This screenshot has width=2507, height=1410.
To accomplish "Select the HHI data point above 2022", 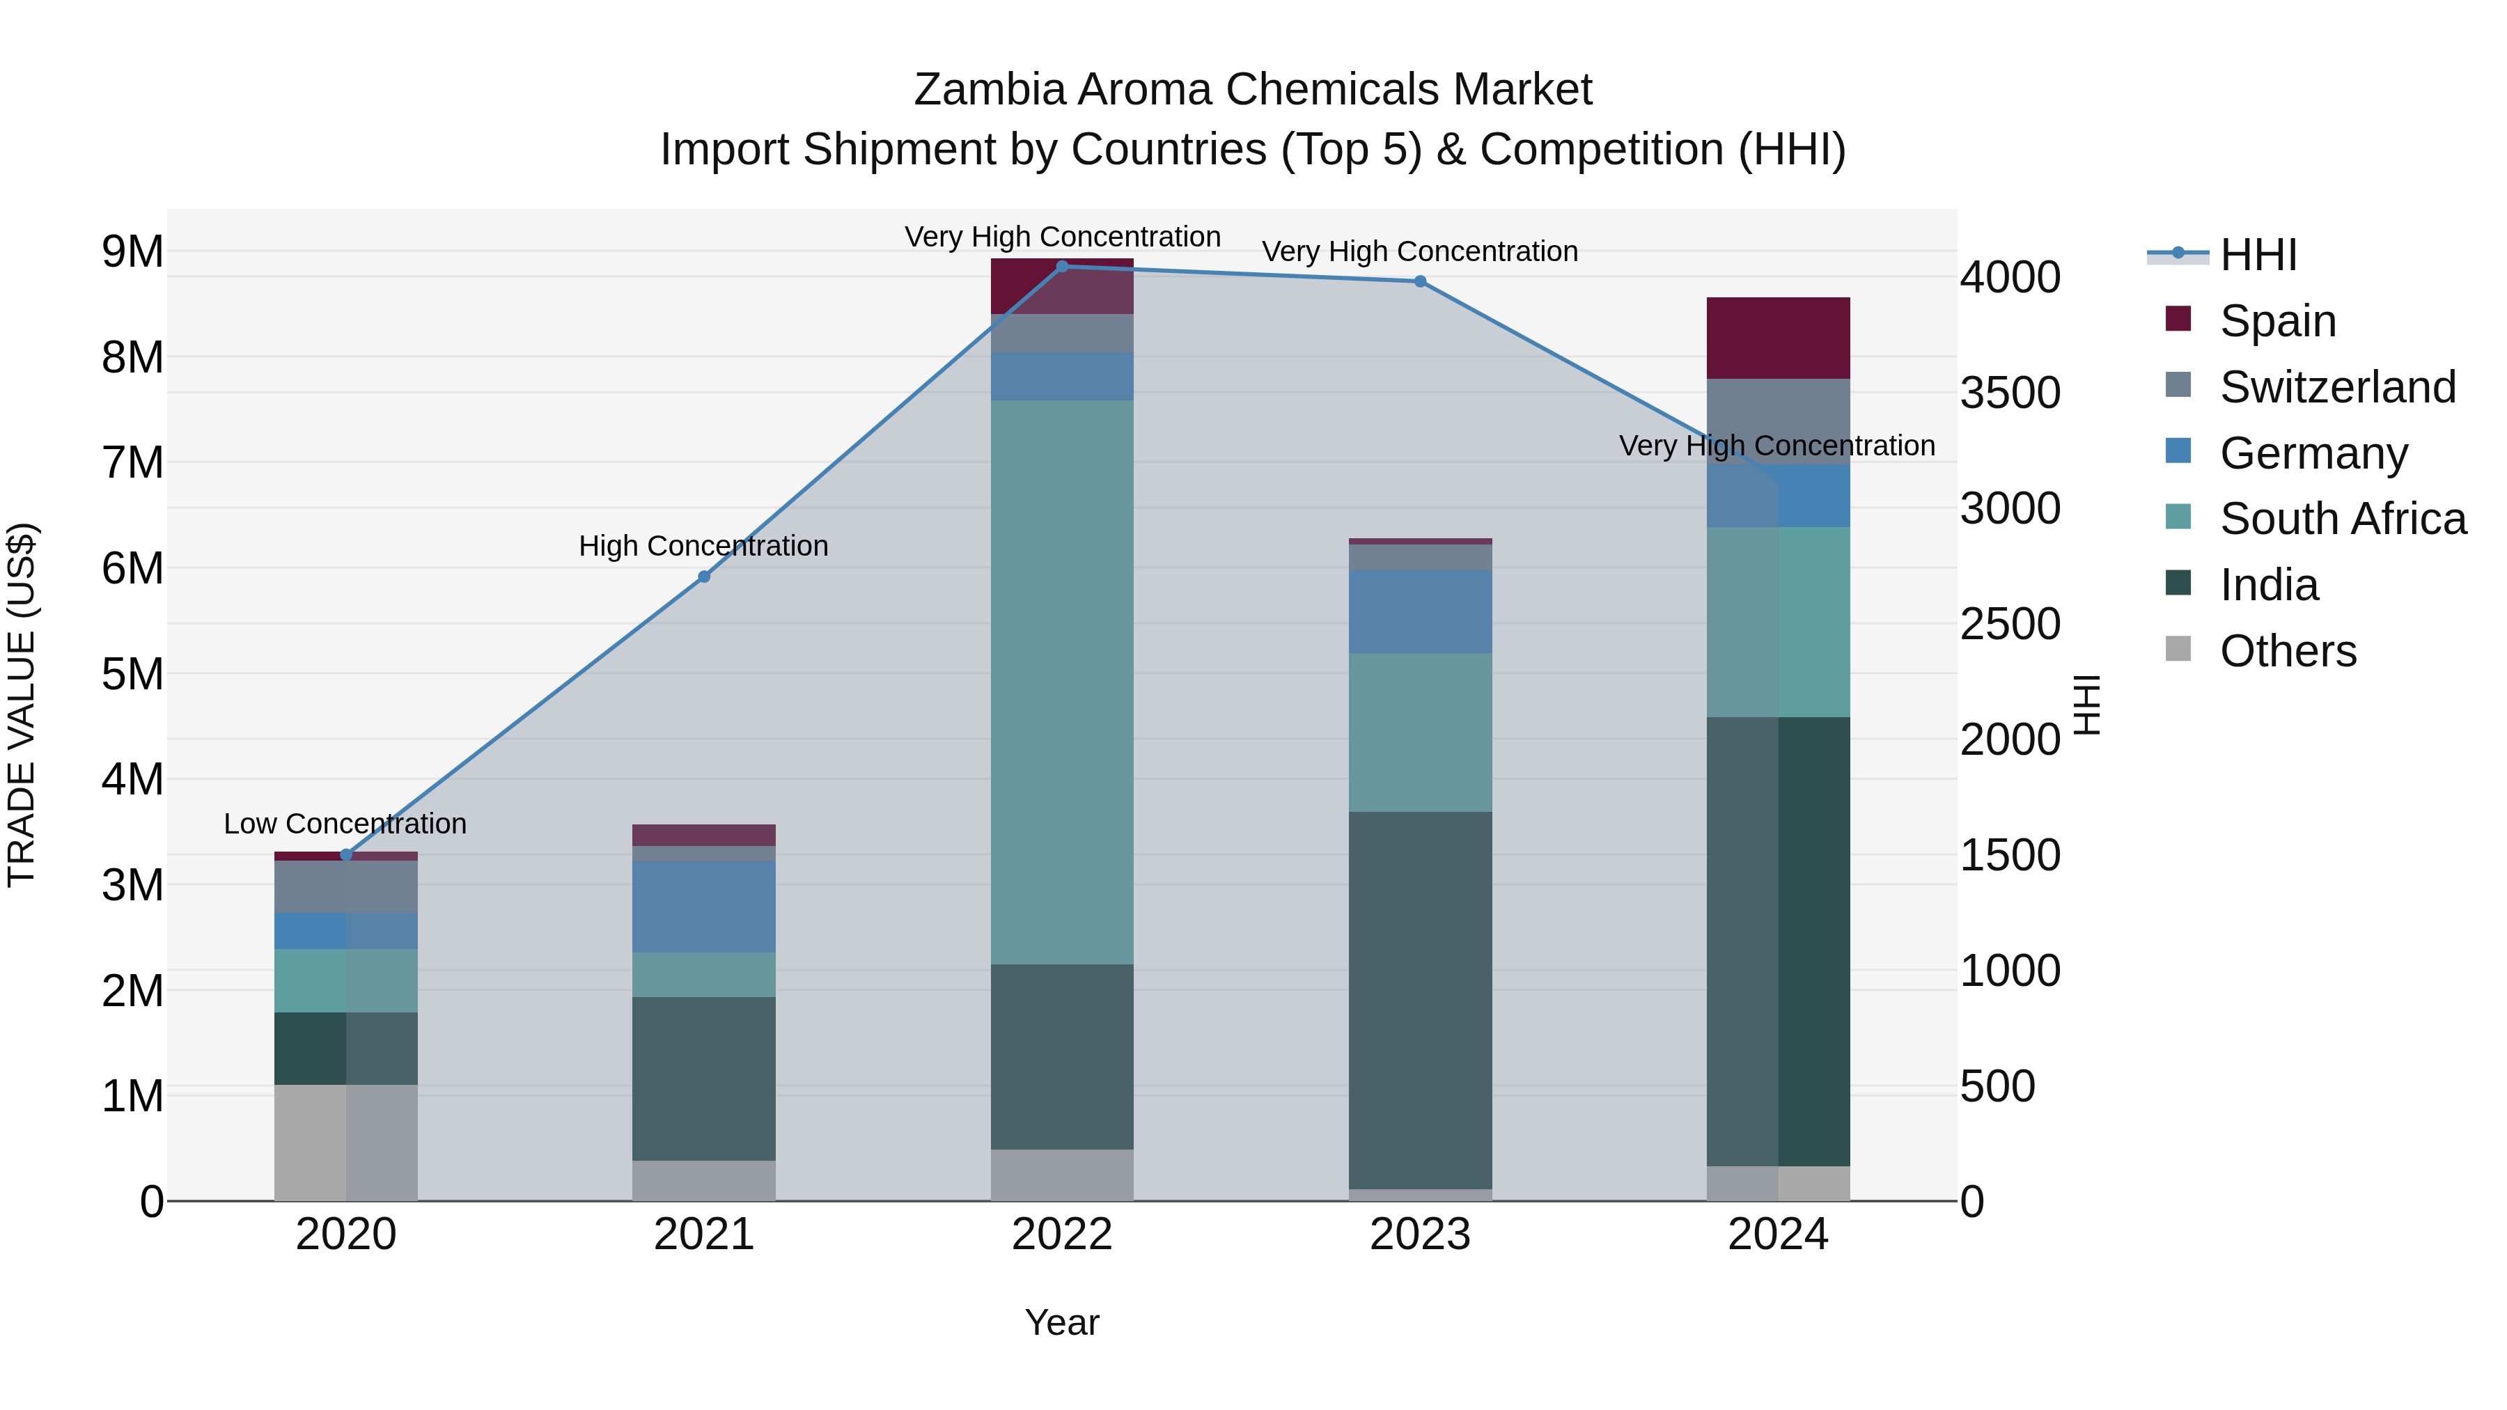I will (x=1062, y=267).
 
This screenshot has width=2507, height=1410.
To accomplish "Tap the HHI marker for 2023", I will (x=1420, y=282).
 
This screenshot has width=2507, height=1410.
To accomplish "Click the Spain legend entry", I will (x=2277, y=320).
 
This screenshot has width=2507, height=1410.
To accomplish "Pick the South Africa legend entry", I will (x=2341, y=519).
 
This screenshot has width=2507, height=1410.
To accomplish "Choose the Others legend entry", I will (x=2287, y=651).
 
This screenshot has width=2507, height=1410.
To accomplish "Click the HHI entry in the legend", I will (x=2258, y=255).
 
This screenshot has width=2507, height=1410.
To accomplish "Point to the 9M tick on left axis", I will (x=132, y=252).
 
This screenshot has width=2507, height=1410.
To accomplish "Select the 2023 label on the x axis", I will (x=1420, y=1235).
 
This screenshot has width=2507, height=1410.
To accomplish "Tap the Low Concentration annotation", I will (x=345, y=824).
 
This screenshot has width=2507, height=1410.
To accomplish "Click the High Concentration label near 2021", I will (x=703, y=546).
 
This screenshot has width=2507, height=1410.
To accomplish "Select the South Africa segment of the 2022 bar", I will (x=1062, y=681).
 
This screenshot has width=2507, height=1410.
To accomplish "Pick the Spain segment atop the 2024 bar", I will (x=1778, y=338).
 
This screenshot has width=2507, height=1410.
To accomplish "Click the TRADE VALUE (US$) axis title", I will (x=22, y=705).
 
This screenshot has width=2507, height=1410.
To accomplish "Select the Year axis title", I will (x=1062, y=1322).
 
